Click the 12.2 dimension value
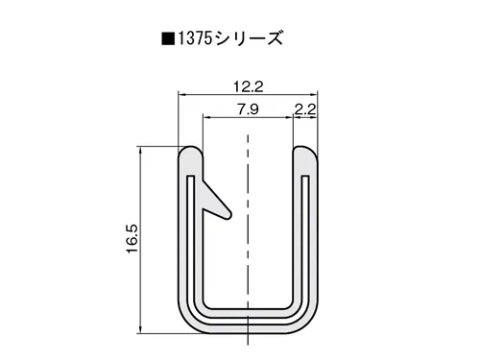249,86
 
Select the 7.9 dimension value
248,109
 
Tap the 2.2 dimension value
305,109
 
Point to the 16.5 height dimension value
132,239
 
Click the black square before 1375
168,39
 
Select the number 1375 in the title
195,39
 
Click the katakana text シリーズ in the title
248,39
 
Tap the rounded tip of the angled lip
228,215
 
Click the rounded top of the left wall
190,150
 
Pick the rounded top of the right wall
305,150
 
